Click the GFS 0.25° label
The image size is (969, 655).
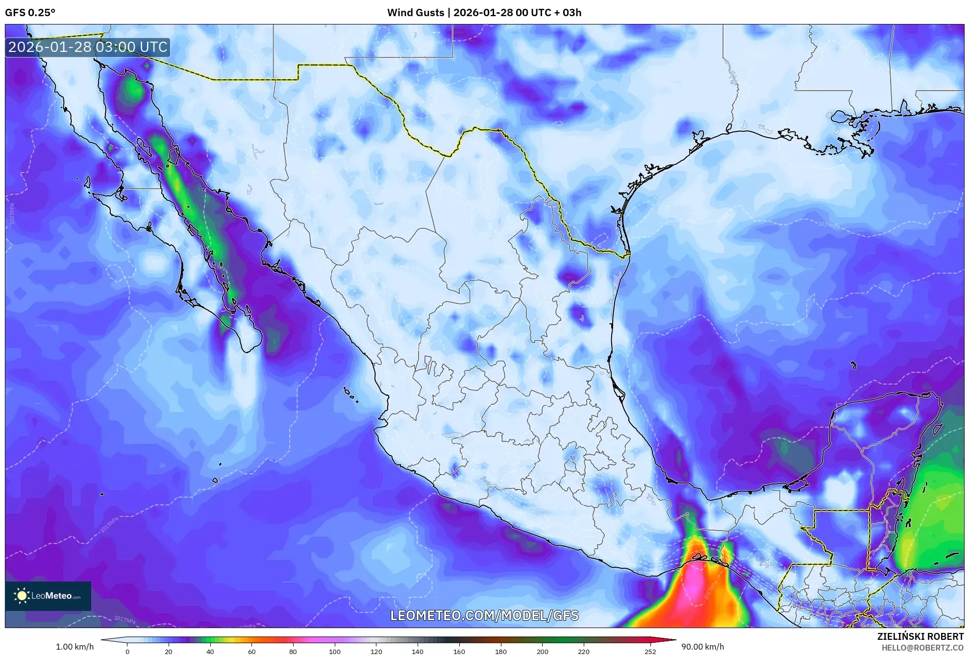pyautogui.click(x=30, y=13)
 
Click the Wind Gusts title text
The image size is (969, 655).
pyautogui.click(x=484, y=13)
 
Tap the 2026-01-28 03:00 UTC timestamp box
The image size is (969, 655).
pyautogui.click(x=88, y=47)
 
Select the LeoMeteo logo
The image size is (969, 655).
pyautogui.click(x=48, y=596)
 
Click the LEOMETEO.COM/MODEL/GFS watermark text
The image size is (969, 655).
pyautogui.click(x=484, y=615)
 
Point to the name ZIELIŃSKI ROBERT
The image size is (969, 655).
pyautogui.click(x=920, y=636)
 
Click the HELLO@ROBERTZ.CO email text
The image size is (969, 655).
pyautogui.click(x=922, y=648)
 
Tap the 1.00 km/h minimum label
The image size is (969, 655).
pyautogui.click(x=75, y=647)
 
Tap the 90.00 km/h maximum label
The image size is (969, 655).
pyautogui.click(x=702, y=647)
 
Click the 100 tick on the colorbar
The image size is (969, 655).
pyautogui.click(x=335, y=652)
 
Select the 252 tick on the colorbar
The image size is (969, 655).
pyautogui.click(x=650, y=652)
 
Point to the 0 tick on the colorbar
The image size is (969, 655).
pyautogui.click(x=127, y=652)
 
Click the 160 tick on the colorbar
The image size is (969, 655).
pyautogui.click(x=459, y=652)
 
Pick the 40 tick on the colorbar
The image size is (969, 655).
pyautogui.click(x=210, y=652)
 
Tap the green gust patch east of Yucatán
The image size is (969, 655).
pyautogui.click(x=931, y=519)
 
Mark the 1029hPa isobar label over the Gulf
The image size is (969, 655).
pyautogui.click(x=828, y=224)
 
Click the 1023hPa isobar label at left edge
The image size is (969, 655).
pyautogui.click(x=12, y=214)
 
